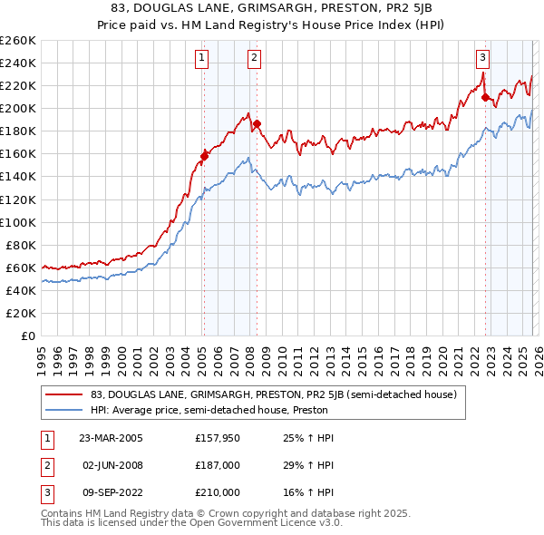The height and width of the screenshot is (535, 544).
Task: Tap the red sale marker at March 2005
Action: [x=204, y=155]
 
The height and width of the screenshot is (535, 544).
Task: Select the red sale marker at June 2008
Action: [x=257, y=122]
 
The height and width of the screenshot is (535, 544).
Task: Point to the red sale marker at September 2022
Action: [x=485, y=96]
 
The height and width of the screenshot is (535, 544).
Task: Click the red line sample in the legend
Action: [x=64, y=395]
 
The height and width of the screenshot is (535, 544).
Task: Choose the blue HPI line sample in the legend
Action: [x=64, y=410]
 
